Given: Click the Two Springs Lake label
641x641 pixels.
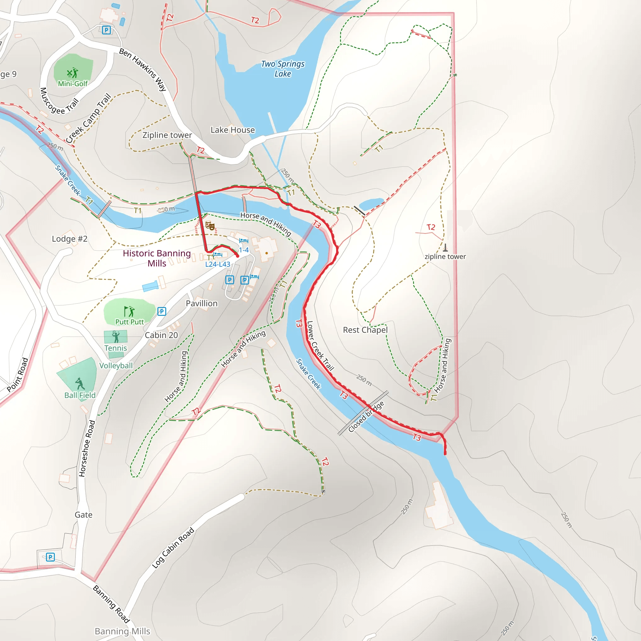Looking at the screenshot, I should pyautogui.click(x=283, y=69).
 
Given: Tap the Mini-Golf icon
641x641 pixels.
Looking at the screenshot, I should pyautogui.click(x=72, y=73).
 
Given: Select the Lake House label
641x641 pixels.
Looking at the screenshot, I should pyautogui.click(x=233, y=130).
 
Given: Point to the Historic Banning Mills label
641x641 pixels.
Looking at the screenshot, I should pyautogui.click(x=157, y=258).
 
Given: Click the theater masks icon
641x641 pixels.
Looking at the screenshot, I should pyautogui.click(x=210, y=226).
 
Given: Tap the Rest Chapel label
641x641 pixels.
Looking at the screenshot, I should pyautogui.click(x=365, y=330).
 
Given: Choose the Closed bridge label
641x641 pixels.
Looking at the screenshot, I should pyautogui.click(x=366, y=416).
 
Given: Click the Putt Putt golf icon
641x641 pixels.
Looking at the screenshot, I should pyautogui.click(x=129, y=311).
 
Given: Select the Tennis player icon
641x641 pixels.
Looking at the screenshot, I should pyautogui.click(x=116, y=337).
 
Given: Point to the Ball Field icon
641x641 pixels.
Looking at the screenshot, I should pyautogui.click(x=80, y=383).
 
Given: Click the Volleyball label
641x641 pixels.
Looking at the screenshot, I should pyautogui.click(x=116, y=366).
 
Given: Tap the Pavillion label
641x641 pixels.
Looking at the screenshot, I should pyautogui.click(x=201, y=303).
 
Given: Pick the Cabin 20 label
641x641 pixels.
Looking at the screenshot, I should pyautogui.click(x=161, y=335).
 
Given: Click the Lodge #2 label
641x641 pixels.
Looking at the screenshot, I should pyautogui.click(x=70, y=239).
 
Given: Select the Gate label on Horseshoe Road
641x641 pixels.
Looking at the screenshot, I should pyautogui.click(x=83, y=515).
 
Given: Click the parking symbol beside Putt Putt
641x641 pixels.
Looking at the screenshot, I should pyautogui.click(x=162, y=311).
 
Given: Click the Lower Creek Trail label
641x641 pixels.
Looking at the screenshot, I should pyautogui.click(x=320, y=346).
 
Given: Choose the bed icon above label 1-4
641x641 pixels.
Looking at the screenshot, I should pyautogui.click(x=244, y=241).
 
